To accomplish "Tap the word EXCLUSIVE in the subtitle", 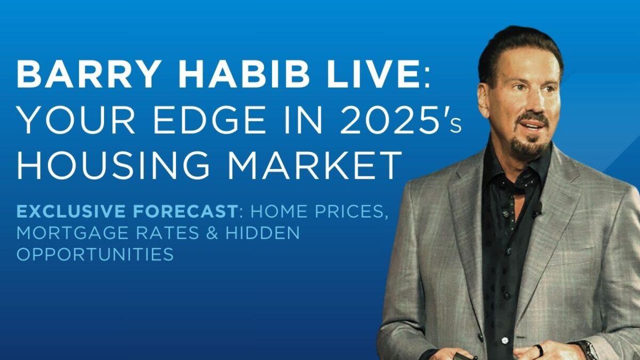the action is (71, 211).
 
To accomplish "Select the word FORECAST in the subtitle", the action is (185, 211).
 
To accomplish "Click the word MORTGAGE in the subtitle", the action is (73, 233).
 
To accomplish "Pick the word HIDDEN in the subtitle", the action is (262, 233).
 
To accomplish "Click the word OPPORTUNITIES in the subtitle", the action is (95, 254).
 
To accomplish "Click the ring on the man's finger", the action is (538, 350).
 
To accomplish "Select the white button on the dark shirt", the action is (505, 340).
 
